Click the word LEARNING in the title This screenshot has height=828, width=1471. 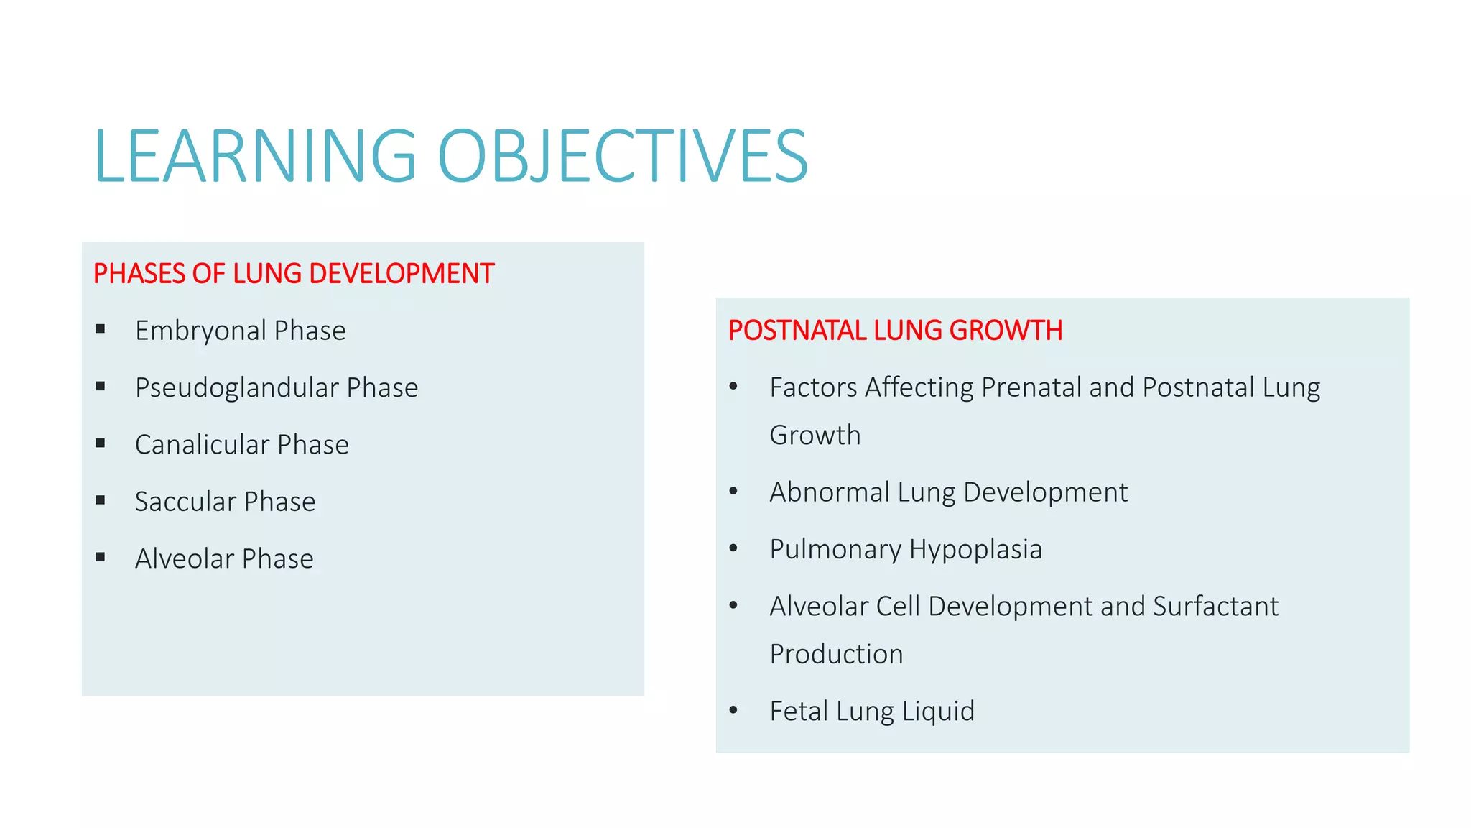pyautogui.click(x=255, y=156)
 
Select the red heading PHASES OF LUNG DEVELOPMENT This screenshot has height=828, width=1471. pyautogui.click(x=293, y=274)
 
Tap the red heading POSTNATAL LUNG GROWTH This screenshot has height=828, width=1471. pyautogui.click(x=895, y=331)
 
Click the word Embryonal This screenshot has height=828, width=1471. pyautogui.click(x=201, y=331)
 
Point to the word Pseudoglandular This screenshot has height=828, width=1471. pyautogui.click(x=237, y=387)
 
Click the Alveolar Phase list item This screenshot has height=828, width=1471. pyautogui.click(x=224, y=558)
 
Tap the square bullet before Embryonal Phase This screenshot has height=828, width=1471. pyautogui.click(x=101, y=329)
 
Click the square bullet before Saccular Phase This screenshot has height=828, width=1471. pyautogui.click(x=101, y=500)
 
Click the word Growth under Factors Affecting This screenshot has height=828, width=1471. pyautogui.click(x=815, y=436)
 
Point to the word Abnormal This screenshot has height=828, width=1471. pyautogui.click(x=830, y=492)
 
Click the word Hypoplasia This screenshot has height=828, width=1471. pyautogui.click(x=975, y=549)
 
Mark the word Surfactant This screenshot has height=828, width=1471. pyautogui.click(x=1215, y=606)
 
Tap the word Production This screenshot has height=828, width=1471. pyautogui.click(x=836, y=654)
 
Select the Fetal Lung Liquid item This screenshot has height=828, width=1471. pyautogui.click(x=872, y=711)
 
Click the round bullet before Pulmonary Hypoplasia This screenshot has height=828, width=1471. pyautogui.click(x=733, y=548)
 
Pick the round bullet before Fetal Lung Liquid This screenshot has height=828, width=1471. pyautogui.click(x=733, y=710)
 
